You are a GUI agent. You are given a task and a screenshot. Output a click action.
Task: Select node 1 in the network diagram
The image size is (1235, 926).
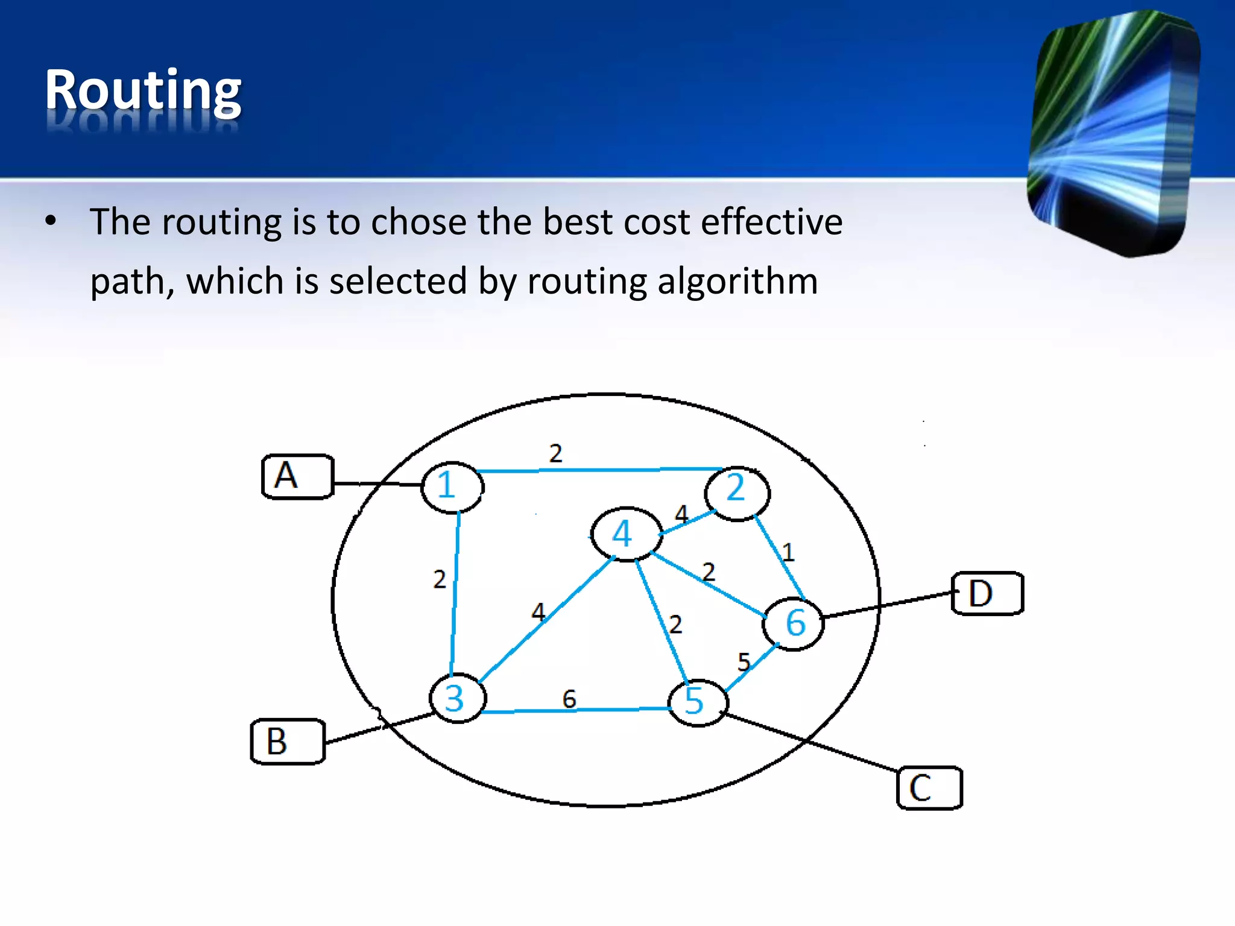click(452, 487)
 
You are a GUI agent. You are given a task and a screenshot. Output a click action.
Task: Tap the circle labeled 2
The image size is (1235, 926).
click(737, 493)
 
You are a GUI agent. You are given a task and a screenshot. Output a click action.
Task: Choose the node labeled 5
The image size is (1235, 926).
click(698, 702)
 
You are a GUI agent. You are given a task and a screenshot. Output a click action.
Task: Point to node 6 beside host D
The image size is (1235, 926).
click(793, 623)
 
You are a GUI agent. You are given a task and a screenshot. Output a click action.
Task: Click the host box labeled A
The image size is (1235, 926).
click(297, 476)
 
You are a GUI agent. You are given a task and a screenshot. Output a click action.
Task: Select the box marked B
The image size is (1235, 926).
click(288, 742)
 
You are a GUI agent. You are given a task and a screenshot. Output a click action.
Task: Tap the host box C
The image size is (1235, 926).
click(929, 788)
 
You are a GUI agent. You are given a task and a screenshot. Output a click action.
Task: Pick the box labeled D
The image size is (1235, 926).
click(987, 593)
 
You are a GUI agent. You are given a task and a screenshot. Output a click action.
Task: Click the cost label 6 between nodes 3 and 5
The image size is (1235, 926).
click(569, 699)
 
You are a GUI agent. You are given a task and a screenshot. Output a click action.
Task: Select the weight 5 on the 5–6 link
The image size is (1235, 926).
click(744, 662)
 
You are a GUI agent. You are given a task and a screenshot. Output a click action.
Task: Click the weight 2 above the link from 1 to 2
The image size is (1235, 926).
click(555, 453)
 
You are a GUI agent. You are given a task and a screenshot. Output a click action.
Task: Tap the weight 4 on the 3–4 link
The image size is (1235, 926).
click(538, 613)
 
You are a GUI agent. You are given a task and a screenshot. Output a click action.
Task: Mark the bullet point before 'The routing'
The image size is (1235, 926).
click(51, 221)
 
